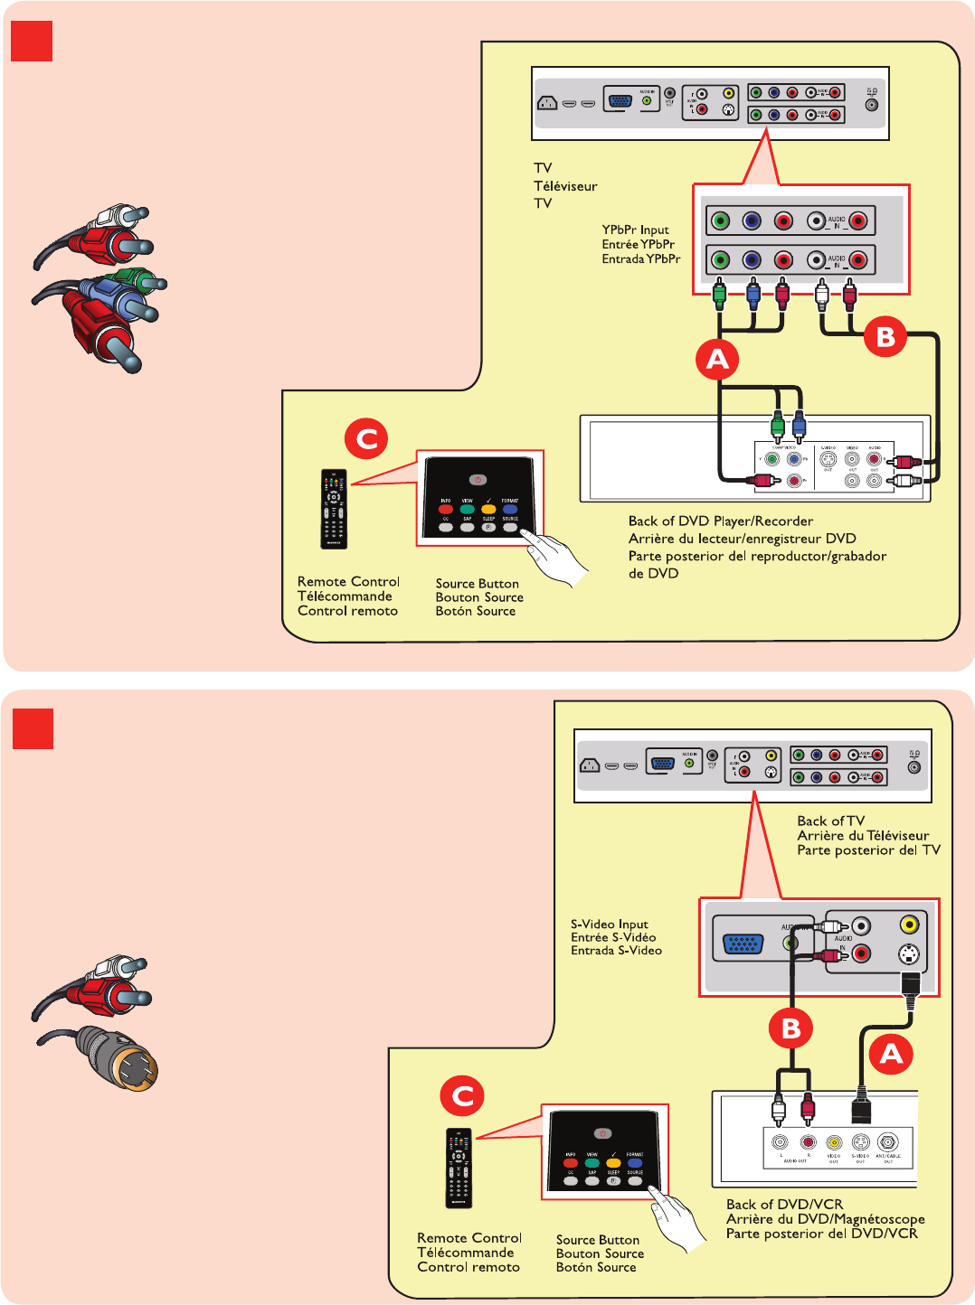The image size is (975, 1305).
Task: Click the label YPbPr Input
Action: click(636, 230)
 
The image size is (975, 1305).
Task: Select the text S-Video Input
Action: click(609, 924)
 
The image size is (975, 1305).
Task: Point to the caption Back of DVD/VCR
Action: click(784, 1205)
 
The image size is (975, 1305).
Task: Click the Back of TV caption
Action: click(830, 821)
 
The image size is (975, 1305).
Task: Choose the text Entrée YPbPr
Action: click(638, 244)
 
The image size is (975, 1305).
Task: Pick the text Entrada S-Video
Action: click(616, 951)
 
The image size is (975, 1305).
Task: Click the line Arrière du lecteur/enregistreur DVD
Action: click(742, 539)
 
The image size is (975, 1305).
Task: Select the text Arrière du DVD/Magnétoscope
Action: click(825, 1219)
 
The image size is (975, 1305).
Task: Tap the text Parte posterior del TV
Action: click(868, 850)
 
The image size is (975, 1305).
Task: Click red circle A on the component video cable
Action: click(717, 360)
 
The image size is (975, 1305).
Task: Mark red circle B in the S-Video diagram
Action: click(791, 1028)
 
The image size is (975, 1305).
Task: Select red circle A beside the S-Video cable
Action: click(891, 1054)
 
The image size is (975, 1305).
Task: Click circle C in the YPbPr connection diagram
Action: click(366, 439)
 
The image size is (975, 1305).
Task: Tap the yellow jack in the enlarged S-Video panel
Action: click(909, 925)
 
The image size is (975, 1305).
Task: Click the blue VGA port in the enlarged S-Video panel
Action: click(743, 945)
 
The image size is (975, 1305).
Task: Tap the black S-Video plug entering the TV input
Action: click(909, 984)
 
